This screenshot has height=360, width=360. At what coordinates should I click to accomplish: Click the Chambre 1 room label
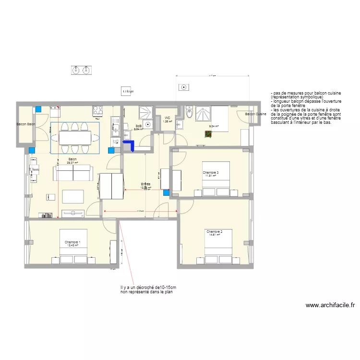(x=72, y=242)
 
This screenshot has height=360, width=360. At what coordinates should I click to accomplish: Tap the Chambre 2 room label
(x=213, y=231)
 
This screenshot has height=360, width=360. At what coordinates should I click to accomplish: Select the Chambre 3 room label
(x=211, y=173)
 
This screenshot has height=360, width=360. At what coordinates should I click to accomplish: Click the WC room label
(x=168, y=118)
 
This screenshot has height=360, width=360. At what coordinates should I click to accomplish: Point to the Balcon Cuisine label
(x=255, y=114)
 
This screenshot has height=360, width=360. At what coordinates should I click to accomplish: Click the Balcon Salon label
(x=26, y=124)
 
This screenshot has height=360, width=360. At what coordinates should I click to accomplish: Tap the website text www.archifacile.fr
(x=330, y=305)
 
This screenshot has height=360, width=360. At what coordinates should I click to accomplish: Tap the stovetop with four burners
(x=98, y=110)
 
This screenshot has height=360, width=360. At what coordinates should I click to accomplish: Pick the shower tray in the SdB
(x=145, y=113)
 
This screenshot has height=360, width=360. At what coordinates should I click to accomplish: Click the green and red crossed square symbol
(x=208, y=134)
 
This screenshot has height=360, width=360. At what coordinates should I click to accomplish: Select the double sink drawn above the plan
(x=81, y=70)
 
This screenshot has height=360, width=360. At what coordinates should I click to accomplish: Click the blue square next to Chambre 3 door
(x=167, y=193)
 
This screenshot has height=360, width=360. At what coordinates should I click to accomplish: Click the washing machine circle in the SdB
(x=148, y=124)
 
